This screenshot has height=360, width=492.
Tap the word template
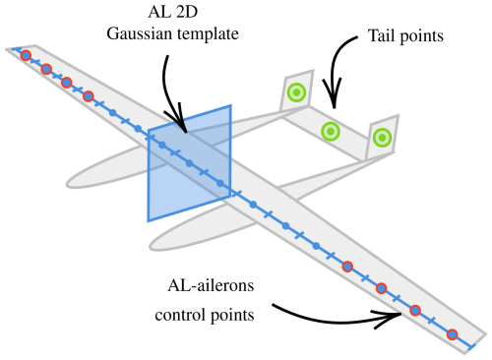208,34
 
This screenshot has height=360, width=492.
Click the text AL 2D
173,12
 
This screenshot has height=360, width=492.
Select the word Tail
382,35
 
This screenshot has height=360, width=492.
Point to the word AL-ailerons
211,285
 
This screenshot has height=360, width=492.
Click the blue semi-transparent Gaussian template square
190,163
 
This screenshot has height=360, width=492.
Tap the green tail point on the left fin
296,92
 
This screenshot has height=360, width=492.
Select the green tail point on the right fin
382,138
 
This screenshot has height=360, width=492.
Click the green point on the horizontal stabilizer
331,132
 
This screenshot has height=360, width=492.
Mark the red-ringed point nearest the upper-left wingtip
26,55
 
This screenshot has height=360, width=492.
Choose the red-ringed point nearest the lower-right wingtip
453,334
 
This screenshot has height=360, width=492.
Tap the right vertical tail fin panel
382,138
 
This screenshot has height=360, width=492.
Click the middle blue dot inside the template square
189,163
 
